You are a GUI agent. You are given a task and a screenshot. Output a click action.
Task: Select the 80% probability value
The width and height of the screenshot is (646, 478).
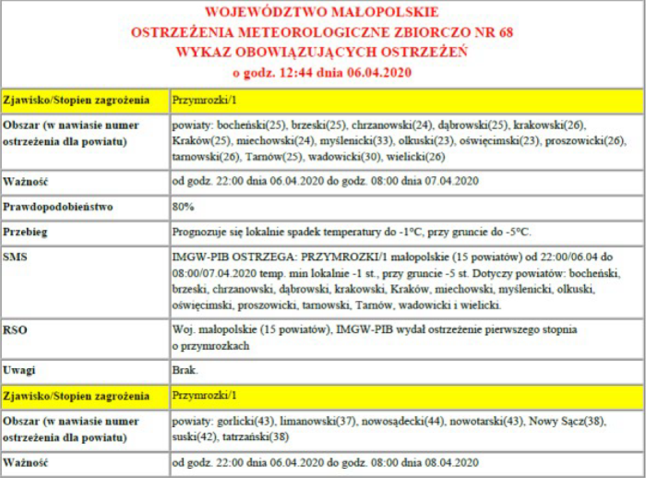click(x=183, y=207)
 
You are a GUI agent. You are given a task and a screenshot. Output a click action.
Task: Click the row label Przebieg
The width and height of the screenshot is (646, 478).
click(x=26, y=231)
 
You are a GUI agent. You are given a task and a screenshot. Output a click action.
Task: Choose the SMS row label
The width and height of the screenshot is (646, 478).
click(x=16, y=255)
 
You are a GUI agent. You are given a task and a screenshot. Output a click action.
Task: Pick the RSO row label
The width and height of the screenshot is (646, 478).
click(x=16, y=329)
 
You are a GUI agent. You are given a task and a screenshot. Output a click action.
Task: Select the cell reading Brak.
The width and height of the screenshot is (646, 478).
click(x=185, y=371)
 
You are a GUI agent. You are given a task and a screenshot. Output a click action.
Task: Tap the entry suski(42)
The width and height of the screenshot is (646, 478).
click(x=191, y=436)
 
